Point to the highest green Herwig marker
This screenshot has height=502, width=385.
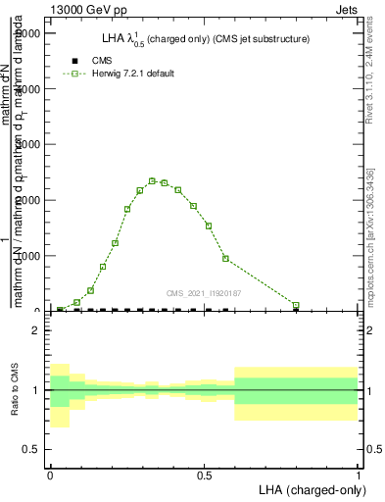(x=152, y=180)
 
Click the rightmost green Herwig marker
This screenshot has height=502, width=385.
(x=296, y=305)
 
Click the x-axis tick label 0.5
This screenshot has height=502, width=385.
(x=203, y=474)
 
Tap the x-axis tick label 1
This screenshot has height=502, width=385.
(x=358, y=474)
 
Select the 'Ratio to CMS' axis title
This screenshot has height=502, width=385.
(x=15, y=390)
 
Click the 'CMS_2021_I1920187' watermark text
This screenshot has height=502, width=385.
(x=205, y=293)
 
